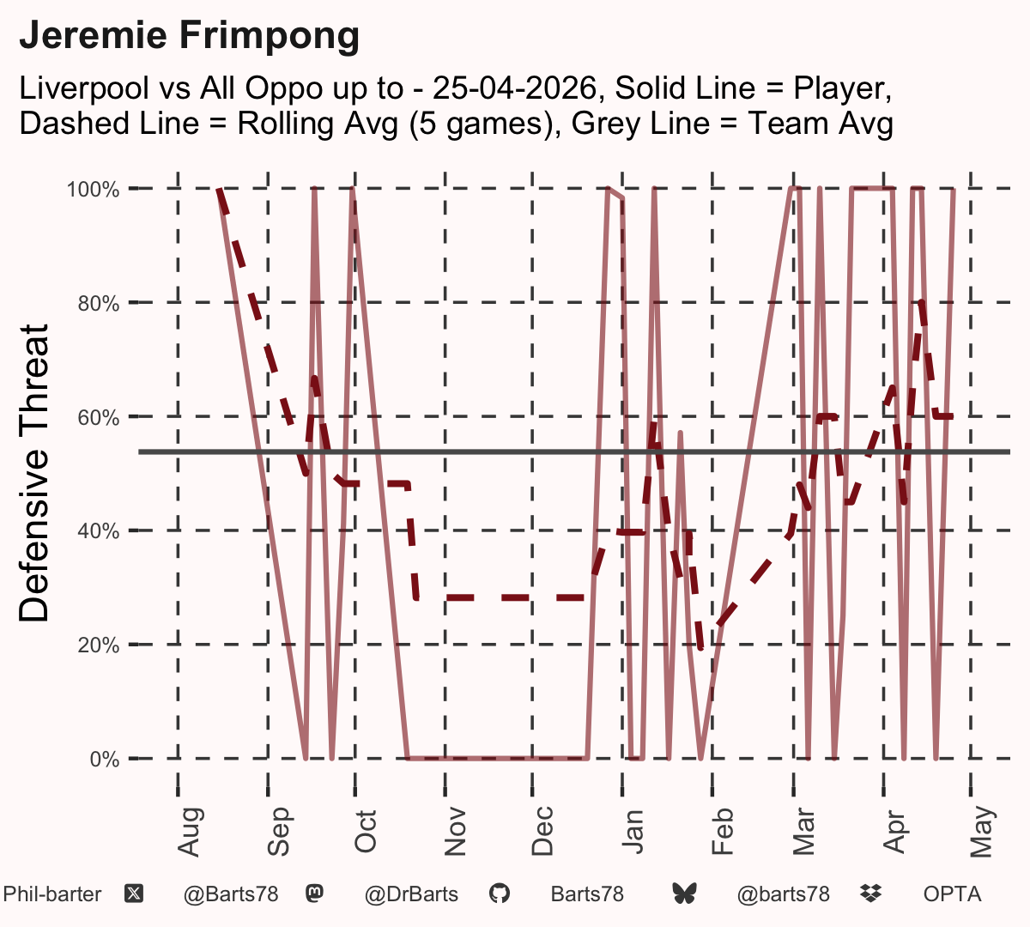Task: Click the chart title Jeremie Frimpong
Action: coord(189,36)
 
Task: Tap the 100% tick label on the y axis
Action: coord(93,190)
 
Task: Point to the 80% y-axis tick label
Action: coord(99,304)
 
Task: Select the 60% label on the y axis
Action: coord(99,417)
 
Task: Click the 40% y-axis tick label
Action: coord(99,531)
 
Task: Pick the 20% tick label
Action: coord(99,645)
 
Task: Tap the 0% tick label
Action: coord(105,759)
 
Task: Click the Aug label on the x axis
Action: coord(189,832)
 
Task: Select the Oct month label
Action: coord(366,832)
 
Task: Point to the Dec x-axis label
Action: coord(542,831)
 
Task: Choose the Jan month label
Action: coord(633,832)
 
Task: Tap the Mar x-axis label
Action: coord(804,832)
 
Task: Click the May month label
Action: coord(982,832)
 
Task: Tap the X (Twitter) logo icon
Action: coord(134,894)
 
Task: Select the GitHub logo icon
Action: coord(499,894)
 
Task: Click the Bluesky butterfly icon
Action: coord(684,894)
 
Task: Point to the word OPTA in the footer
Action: coord(952,894)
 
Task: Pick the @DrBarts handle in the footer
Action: coord(411,894)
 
